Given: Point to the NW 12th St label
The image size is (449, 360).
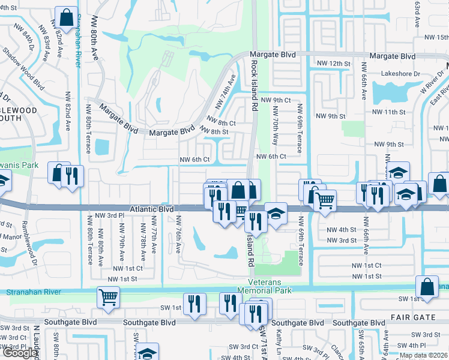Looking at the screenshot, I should click(333, 63).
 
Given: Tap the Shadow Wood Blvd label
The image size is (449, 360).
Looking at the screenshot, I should click(30, 65).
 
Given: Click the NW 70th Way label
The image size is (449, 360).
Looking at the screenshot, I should click(276, 125).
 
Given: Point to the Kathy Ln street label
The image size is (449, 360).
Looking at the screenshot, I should click(279, 340).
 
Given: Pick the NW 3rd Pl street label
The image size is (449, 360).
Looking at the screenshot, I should click(109, 215).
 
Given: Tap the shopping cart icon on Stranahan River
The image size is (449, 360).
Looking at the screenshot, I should click(108, 296).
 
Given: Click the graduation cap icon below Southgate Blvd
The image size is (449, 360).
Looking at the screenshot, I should click(147, 353).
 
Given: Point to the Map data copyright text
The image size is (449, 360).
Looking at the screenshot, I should click(423, 355).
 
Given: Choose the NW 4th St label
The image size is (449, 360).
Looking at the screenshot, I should click(342, 230).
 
